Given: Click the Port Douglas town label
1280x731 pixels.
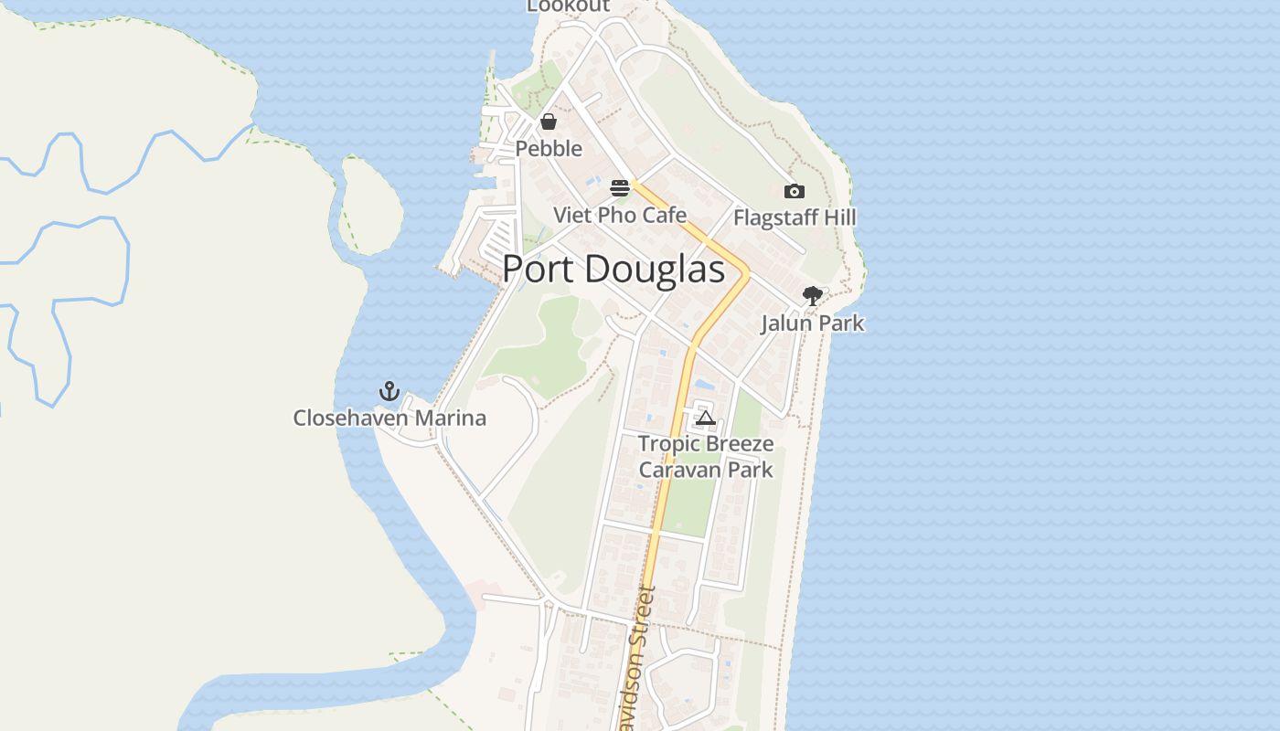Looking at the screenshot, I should click(x=613, y=269).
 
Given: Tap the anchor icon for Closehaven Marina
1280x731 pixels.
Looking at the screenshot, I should click(x=389, y=392).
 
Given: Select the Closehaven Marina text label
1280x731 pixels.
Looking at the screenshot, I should click(x=389, y=418).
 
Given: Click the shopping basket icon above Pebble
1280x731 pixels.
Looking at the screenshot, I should click(x=549, y=122).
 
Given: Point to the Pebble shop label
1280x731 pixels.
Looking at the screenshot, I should click(x=549, y=148).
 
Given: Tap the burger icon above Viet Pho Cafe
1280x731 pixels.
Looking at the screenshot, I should click(x=620, y=189).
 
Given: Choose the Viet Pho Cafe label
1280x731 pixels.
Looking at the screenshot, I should click(x=620, y=216).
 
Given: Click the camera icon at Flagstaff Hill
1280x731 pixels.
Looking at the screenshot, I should click(x=795, y=191).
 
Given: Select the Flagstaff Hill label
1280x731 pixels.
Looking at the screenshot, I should click(x=795, y=218).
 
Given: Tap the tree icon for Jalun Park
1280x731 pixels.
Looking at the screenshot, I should click(x=812, y=296).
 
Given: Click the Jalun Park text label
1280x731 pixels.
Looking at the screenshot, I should click(x=812, y=323).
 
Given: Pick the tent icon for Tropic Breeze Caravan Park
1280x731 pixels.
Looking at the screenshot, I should click(x=705, y=418).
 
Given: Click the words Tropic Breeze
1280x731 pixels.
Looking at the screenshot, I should click(x=706, y=444).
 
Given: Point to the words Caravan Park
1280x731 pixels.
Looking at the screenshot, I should click(x=706, y=470).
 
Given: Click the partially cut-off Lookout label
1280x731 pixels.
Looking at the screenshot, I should click(x=568, y=5).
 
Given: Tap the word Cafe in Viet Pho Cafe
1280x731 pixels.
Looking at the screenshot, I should click(x=666, y=216).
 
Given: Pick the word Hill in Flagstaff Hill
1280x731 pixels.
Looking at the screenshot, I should click(x=839, y=218).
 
